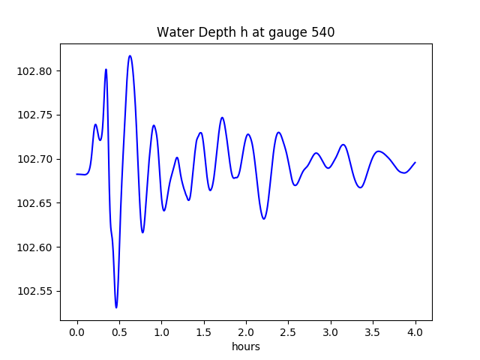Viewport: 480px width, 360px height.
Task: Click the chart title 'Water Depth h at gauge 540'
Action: pos(245,32)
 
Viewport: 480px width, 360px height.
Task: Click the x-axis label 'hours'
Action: pos(246,347)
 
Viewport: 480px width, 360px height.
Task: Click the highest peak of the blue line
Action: pos(130,55)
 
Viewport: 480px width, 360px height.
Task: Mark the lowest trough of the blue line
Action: pos(116,307)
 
